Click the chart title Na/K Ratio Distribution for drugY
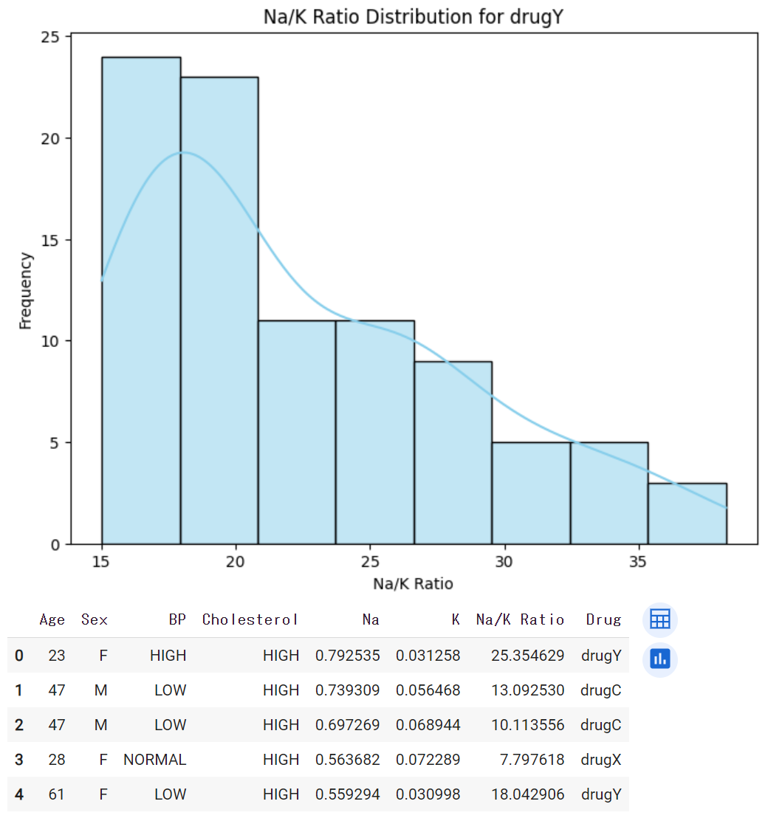(x=414, y=16)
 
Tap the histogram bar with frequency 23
(x=219, y=310)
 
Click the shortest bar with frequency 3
(x=687, y=514)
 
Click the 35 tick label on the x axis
(x=639, y=561)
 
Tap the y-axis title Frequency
(x=26, y=290)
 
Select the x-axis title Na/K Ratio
(x=413, y=583)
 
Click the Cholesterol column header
(x=251, y=619)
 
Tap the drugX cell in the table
(x=601, y=759)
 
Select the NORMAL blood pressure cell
(x=155, y=759)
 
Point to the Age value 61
(x=57, y=794)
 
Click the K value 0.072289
(x=428, y=759)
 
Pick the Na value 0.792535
(x=347, y=655)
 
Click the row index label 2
(x=18, y=725)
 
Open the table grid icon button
(x=659, y=620)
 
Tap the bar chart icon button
(x=659, y=659)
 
